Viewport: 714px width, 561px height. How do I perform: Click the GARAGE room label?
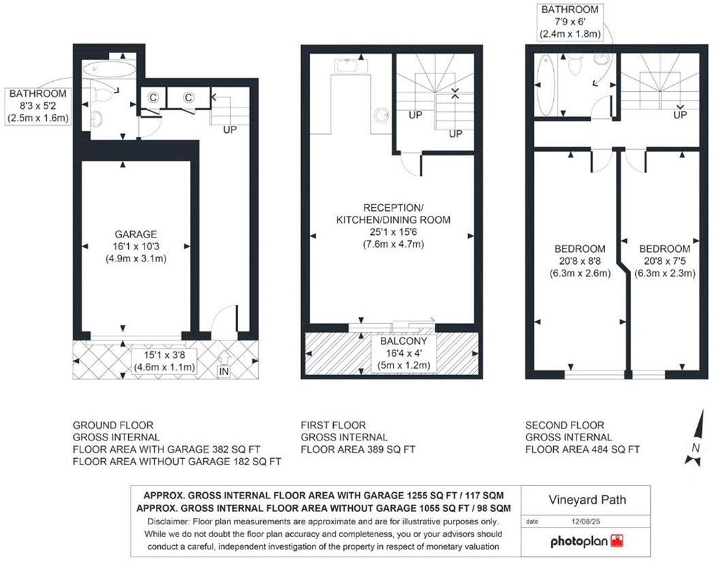[x=135, y=234]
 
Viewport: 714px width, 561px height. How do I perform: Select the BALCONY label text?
[x=403, y=341]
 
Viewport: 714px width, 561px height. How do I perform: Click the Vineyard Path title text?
[x=587, y=500]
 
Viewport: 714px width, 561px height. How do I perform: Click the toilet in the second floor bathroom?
[x=576, y=66]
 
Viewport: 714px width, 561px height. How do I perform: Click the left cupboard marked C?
[x=153, y=97]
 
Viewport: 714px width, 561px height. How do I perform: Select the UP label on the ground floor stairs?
[x=230, y=129]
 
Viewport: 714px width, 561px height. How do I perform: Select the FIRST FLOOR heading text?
[x=333, y=425]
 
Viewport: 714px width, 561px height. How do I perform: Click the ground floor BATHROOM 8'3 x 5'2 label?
[x=38, y=106]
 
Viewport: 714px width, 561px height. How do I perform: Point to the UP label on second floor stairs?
[x=679, y=115]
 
